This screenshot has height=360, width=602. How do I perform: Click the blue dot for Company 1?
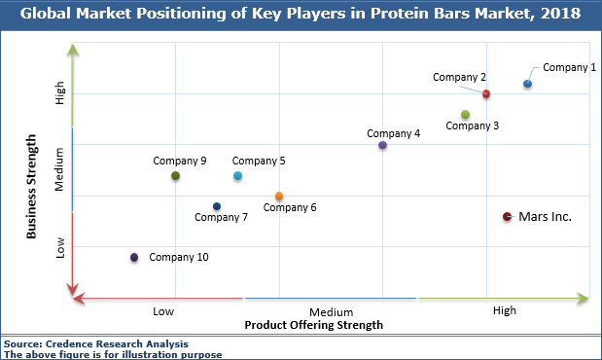(x=527, y=84)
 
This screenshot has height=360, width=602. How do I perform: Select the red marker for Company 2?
(x=486, y=94)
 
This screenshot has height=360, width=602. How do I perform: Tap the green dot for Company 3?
(x=466, y=115)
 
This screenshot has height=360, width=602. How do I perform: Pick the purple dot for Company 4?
(x=382, y=145)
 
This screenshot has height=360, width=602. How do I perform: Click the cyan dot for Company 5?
(x=238, y=176)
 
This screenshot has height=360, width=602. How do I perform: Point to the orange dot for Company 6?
(x=279, y=197)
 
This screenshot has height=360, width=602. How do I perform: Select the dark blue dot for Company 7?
(x=217, y=206)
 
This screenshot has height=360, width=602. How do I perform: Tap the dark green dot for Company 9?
(x=175, y=176)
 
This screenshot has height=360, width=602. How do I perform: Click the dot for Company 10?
(x=134, y=258)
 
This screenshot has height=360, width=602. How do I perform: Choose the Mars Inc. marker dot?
(x=507, y=217)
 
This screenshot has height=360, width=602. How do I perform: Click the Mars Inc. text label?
(x=545, y=217)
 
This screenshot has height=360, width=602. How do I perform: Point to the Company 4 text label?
(x=393, y=132)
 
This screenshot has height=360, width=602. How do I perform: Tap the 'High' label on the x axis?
(x=505, y=310)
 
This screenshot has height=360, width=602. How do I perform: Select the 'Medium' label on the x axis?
(x=331, y=311)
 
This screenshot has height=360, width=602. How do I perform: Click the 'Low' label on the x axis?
(x=163, y=310)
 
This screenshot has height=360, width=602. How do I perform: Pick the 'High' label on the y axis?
(x=60, y=93)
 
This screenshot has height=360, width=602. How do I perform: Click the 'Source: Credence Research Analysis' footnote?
(x=95, y=343)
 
